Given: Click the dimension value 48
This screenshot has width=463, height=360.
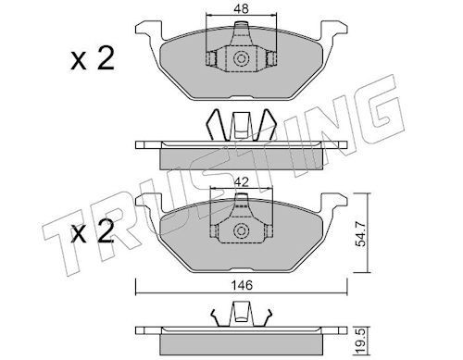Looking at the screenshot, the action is [x=241, y=8].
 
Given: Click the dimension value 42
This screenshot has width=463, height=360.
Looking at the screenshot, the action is [x=241, y=182].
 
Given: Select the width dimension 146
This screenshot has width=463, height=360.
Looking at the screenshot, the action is [x=243, y=285].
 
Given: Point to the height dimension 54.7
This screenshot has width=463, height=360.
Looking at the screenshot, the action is [x=361, y=235].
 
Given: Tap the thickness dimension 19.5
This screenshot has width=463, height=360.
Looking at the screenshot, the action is [x=361, y=341].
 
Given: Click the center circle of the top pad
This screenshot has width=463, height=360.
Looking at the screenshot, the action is [x=241, y=59].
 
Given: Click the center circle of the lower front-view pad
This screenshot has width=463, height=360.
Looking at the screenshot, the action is [x=241, y=231].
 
